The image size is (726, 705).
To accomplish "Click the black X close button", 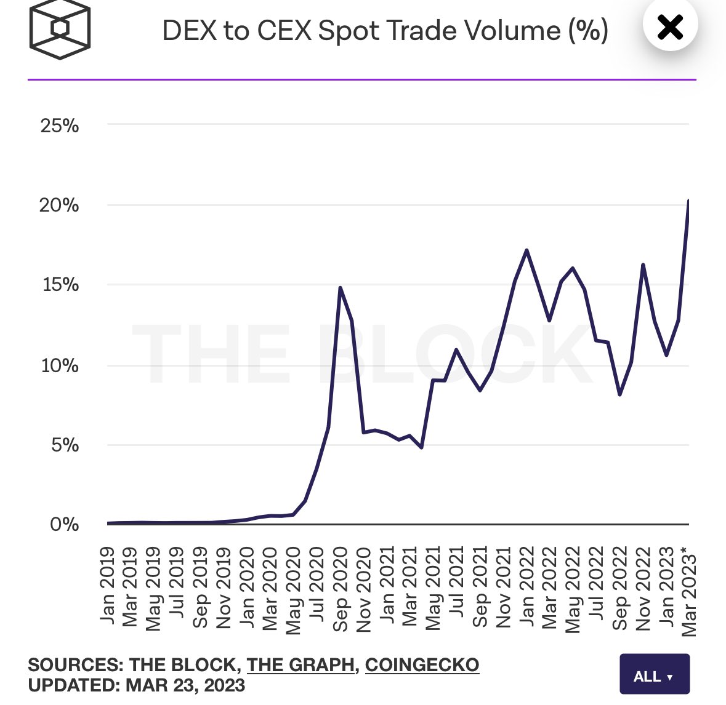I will tap(670, 27).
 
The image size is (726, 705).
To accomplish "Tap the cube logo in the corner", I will tap(60, 30).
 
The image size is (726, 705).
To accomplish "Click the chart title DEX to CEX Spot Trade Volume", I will tap(385, 31).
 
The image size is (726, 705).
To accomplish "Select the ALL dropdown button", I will tap(654, 676).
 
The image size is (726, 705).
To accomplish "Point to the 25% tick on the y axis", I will tap(60, 125).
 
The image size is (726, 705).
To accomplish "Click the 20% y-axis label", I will tap(59, 205).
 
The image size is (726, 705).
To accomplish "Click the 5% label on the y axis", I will tap(65, 445).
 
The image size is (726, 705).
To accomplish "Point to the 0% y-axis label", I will tap(65, 524).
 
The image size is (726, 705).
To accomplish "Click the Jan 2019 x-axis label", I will tap(107, 584).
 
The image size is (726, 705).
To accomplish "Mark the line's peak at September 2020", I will tap(340, 287).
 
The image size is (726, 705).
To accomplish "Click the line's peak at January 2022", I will tap(526, 250).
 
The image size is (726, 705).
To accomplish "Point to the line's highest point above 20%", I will tap(688, 201).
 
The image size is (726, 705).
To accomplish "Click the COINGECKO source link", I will tap(422, 665).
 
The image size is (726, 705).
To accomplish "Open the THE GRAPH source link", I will tap(301, 665).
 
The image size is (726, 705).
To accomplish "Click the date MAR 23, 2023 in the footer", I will tap(185, 685).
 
